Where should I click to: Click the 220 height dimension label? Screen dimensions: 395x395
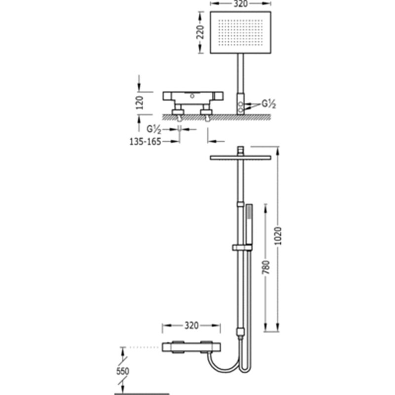pos(200,32)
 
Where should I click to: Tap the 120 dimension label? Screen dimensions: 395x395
pos(139,103)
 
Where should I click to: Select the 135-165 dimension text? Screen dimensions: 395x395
pos(145,142)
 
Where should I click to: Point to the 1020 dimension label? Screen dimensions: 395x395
pos(278,236)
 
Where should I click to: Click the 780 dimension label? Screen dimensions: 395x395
pos(266,267)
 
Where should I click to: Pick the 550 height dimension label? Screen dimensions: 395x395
pos(122,371)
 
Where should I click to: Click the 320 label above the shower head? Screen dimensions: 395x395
pos(240,3)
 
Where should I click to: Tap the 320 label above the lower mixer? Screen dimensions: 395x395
pos(192,325)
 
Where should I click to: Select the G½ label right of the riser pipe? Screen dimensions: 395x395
pos(269,104)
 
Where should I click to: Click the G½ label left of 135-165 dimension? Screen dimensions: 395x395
pos(154,129)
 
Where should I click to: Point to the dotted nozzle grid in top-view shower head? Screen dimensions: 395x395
pos(240,32)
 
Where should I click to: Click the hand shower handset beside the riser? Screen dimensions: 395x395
pos(249,225)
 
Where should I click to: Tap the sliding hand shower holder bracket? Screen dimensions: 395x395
pos(242,248)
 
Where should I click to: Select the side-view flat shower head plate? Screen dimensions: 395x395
pos(240,158)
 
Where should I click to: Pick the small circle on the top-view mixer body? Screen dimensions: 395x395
pos(192,96)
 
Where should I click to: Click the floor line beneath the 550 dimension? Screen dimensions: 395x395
pos(142,394)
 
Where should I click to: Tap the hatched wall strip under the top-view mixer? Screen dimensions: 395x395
pos(217,117)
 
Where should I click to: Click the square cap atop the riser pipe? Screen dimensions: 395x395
pos(240,150)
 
